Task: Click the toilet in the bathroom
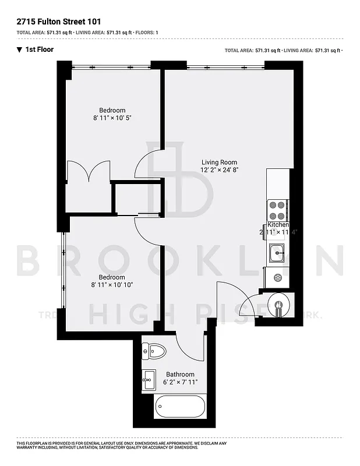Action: [156, 351]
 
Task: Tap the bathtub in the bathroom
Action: [179, 407]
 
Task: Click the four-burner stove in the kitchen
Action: [277, 210]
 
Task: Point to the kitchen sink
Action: [277, 253]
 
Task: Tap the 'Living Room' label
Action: [220, 163]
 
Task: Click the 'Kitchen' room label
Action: [278, 225]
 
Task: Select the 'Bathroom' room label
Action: [180, 375]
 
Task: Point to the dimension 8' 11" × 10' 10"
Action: [112, 285]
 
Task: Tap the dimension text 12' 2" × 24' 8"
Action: [220, 170]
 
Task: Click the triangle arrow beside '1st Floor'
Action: [19, 50]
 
